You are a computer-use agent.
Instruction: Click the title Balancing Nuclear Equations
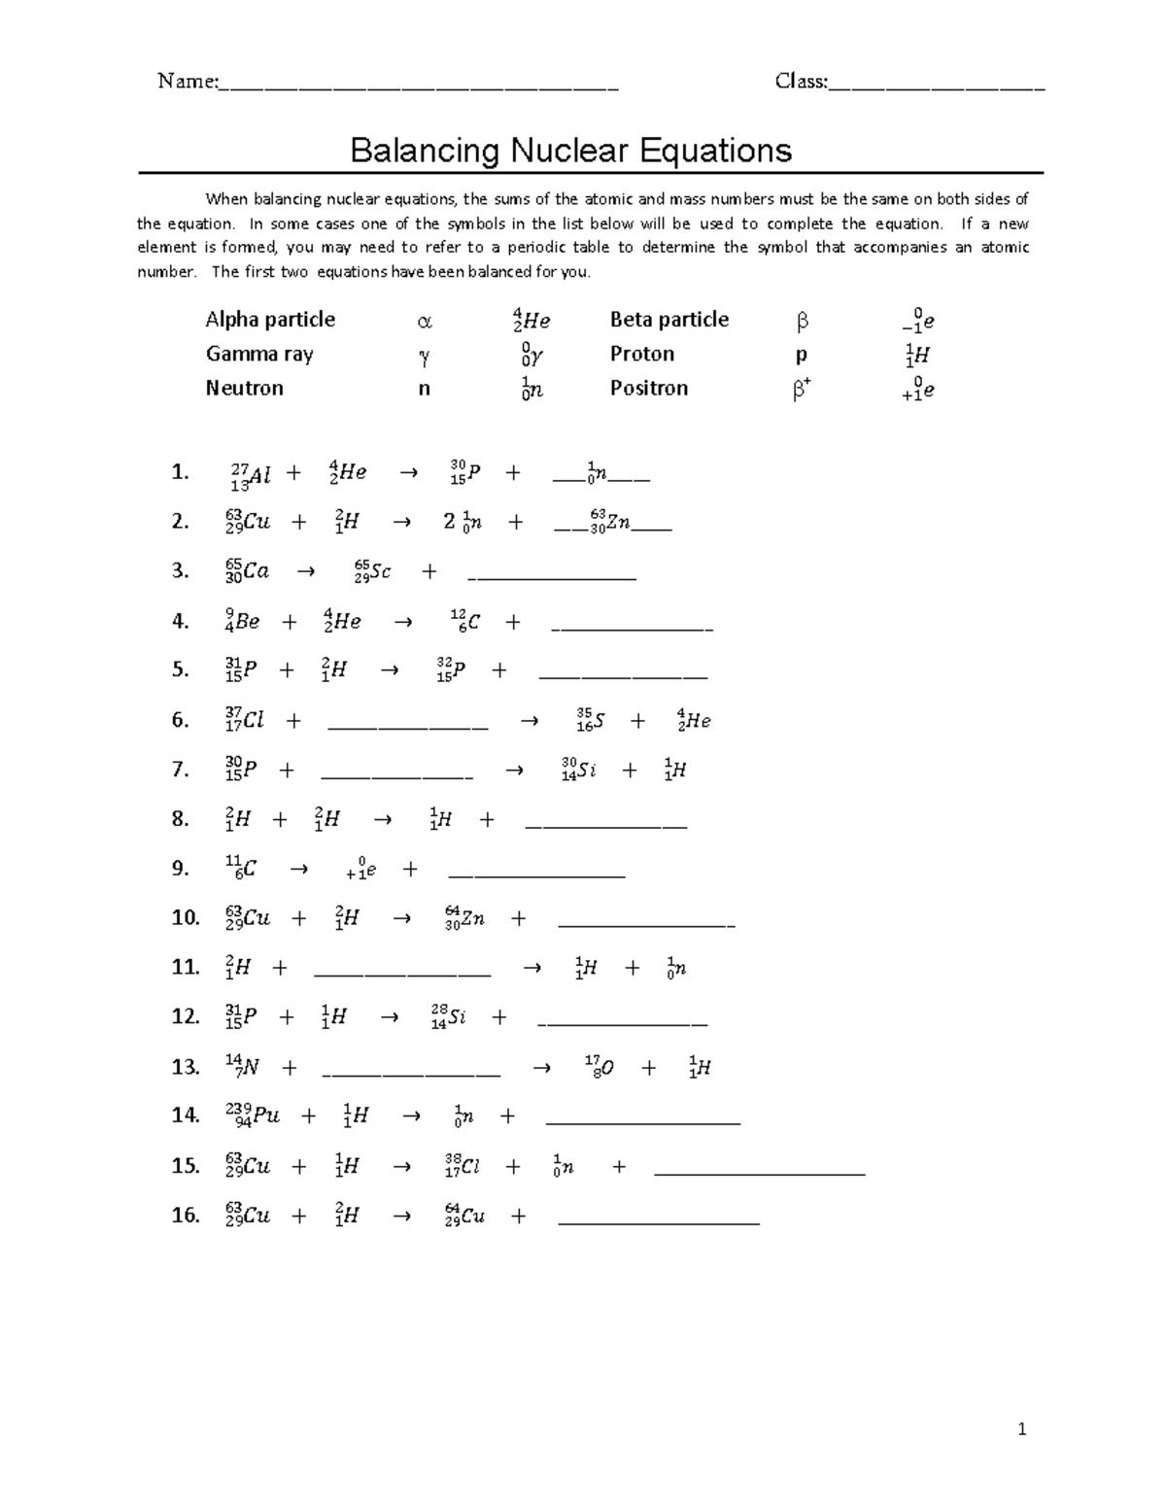click(x=570, y=151)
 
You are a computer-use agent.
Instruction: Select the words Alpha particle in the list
click(x=270, y=320)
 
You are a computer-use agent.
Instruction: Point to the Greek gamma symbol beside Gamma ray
click(x=424, y=356)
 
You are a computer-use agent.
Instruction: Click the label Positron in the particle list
click(x=648, y=388)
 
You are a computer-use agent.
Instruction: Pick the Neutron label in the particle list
click(x=244, y=388)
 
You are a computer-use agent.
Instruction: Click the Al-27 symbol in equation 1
click(x=251, y=474)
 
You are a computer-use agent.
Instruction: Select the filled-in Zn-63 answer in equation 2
click(x=610, y=522)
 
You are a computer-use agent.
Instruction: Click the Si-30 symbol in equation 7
click(x=578, y=771)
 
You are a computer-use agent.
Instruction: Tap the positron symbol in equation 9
click(x=360, y=870)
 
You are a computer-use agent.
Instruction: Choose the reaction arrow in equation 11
click(x=532, y=968)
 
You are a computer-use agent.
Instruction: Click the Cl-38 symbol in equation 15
click(x=463, y=1166)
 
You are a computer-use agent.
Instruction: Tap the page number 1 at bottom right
click(x=1021, y=1428)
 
